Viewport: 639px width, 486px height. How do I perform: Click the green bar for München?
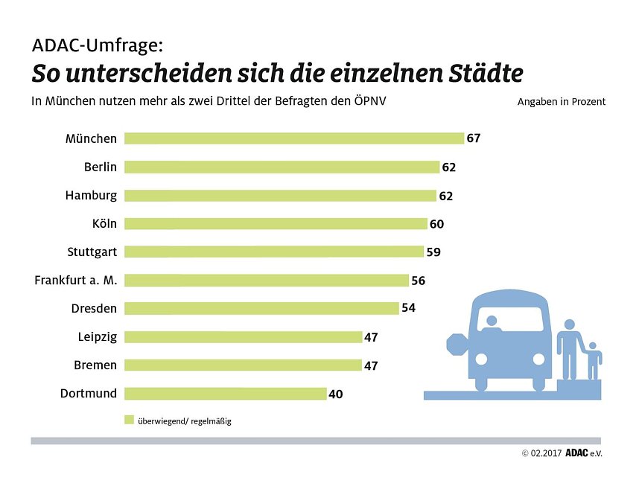293,138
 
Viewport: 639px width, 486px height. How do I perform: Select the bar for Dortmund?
225,394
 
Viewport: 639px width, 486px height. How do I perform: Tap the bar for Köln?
276,223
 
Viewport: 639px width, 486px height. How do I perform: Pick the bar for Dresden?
261,308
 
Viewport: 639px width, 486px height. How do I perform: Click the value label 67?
474,138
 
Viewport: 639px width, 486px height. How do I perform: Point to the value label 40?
335,394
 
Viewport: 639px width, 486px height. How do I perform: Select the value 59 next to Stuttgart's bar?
433,252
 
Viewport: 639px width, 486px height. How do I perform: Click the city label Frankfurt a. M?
76,281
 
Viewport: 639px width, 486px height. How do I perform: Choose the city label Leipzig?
97,337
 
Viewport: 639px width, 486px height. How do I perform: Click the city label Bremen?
95,365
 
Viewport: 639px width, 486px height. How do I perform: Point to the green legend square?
128,419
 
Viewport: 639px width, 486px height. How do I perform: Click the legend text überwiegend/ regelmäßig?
184,421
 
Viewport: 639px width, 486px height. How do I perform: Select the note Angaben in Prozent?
561,102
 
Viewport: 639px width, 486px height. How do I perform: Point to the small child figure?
593,359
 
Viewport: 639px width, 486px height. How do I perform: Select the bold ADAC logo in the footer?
576,453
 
